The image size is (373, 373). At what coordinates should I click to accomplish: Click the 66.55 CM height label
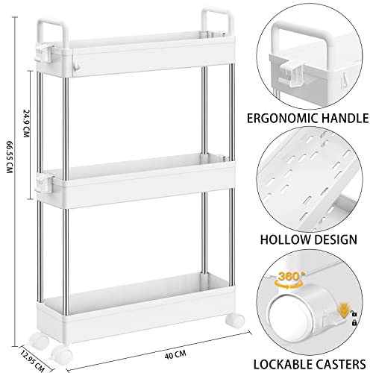(x=9, y=157)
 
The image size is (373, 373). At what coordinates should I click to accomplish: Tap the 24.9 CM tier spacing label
(x=26, y=123)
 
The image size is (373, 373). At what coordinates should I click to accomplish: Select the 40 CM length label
(x=175, y=354)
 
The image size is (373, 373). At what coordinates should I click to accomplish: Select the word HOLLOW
(x=283, y=239)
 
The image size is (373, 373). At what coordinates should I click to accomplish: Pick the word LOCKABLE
(x=282, y=365)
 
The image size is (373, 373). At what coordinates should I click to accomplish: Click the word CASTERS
(x=340, y=365)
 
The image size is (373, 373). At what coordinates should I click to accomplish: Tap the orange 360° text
(x=289, y=276)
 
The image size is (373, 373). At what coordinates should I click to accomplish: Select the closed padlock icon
(x=354, y=323)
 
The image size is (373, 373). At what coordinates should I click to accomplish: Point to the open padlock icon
(x=354, y=313)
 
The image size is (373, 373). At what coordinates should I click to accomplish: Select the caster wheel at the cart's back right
(x=235, y=321)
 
